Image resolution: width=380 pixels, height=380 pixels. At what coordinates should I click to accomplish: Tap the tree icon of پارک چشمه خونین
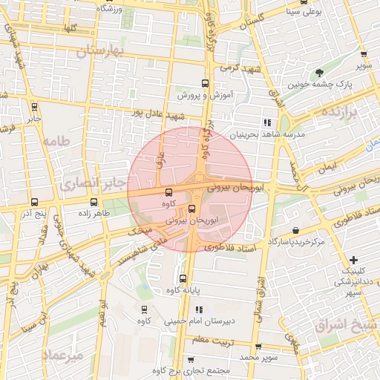[x=320, y=73]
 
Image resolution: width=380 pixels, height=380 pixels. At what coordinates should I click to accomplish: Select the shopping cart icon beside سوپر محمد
[x=257, y=347]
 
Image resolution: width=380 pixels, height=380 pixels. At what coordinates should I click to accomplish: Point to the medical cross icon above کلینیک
[x=353, y=260]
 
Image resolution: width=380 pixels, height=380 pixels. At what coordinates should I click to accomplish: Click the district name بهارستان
[x=102, y=51]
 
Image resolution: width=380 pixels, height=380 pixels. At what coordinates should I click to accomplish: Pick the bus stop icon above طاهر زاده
[x=94, y=202]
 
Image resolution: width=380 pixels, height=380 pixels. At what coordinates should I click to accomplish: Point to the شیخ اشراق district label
[x=345, y=324]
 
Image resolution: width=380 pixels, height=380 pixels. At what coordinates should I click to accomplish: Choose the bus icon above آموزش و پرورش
[x=206, y=84]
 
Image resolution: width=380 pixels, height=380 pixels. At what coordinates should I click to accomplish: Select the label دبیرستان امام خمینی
[x=220, y=321]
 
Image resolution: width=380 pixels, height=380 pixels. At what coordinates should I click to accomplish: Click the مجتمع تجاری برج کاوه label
[x=194, y=370]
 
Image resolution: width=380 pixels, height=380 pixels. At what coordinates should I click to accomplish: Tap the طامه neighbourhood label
[x=56, y=141]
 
